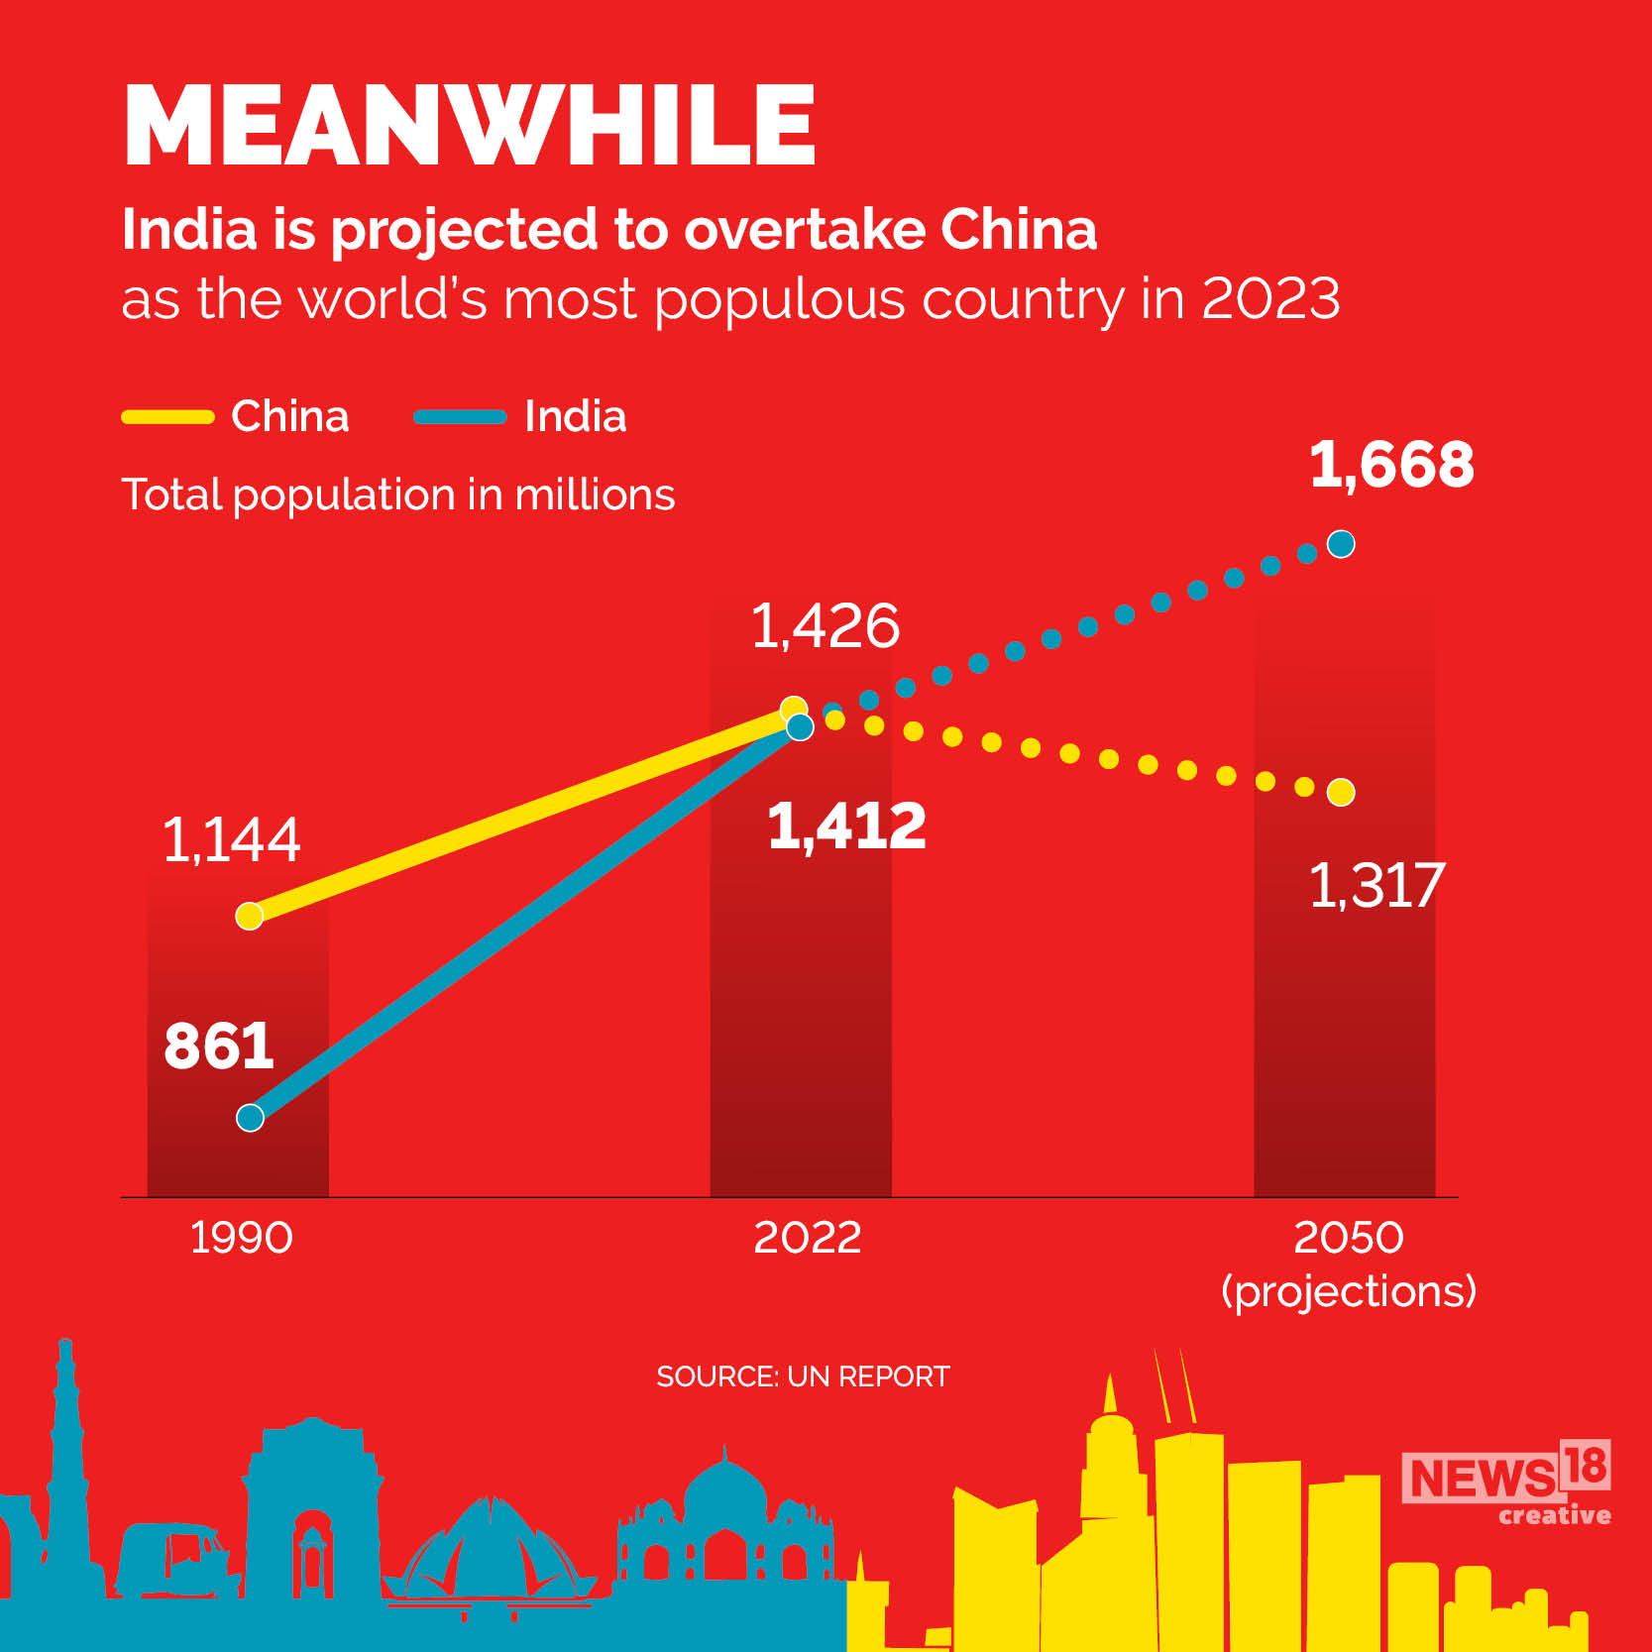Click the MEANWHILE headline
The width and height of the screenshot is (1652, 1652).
[470, 126]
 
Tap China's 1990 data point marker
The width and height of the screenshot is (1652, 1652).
[250, 916]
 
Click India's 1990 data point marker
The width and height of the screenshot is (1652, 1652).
[250, 1118]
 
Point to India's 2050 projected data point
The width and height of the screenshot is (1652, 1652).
[1341, 544]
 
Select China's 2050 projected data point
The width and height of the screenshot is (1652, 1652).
[1341, 793]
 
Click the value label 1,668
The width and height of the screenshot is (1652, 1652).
[1391, 464]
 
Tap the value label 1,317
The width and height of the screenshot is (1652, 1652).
[1377, 885]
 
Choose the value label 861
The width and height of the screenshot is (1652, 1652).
[218, 1046]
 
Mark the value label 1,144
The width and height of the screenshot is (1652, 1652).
[231, 840]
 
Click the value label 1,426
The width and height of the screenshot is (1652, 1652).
[825, 626]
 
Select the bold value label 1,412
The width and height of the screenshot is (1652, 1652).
[846, 826]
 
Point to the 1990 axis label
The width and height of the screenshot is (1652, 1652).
[241, 1238]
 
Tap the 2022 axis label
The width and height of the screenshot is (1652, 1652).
[807, 1238]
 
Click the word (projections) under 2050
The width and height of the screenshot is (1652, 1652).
[1349, 1291]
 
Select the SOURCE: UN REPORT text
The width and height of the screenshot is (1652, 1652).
[803, 1377]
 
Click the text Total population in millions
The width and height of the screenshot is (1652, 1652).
[397, 495]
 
